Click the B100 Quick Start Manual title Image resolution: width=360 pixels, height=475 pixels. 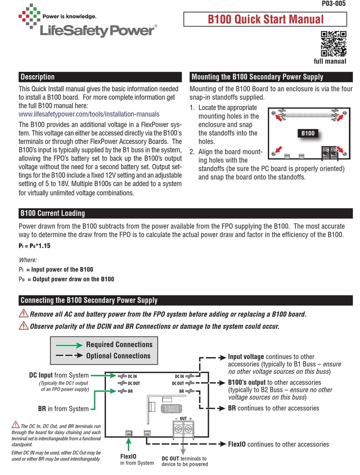[266, 20]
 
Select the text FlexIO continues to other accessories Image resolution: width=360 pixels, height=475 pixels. [278, 444]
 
